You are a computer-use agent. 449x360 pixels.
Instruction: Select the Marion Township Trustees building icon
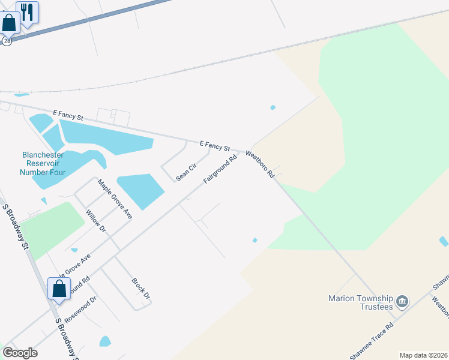click(x=403, y=300)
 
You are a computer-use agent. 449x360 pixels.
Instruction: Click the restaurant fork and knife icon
click(x=27, y=11)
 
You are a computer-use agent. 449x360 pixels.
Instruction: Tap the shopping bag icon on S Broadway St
click(x=59, y=289)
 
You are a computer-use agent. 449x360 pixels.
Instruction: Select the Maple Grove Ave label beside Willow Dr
click(x=115, y=199)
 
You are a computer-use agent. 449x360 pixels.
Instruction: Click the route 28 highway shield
click(x=7, y=41)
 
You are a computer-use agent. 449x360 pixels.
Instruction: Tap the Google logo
click(x=20, y=353)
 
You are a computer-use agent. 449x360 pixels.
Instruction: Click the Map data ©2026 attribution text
click(x=423, y=355)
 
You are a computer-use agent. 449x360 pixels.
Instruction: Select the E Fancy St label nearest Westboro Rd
click(x=215, y=145)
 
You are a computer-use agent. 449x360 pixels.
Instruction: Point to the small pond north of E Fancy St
click(x=273, y=108)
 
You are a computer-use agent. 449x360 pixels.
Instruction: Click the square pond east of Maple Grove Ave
click(x=140, y=190)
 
